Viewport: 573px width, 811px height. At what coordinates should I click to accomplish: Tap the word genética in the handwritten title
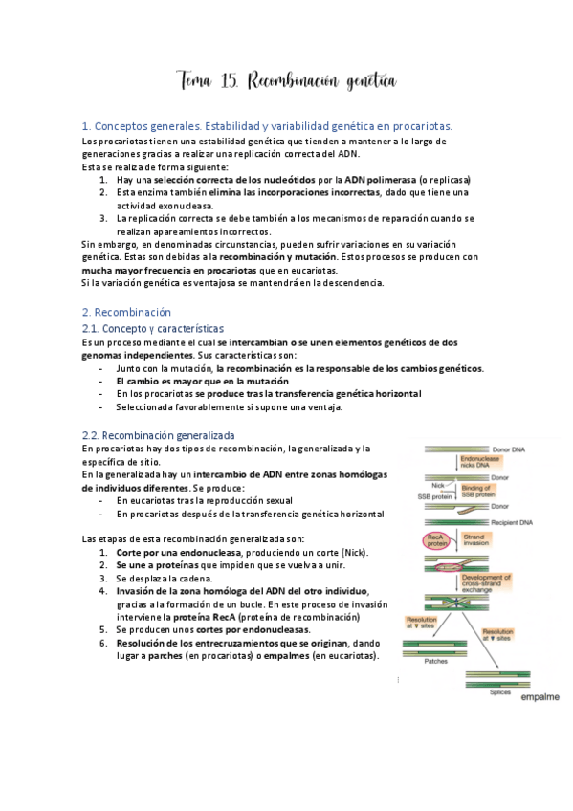[362, 84]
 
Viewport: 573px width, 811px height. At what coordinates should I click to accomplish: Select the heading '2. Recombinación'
[126, 312]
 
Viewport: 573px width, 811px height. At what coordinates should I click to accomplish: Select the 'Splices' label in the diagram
[500, 690]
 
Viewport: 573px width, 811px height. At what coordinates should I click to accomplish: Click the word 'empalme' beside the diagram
[540, 697]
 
